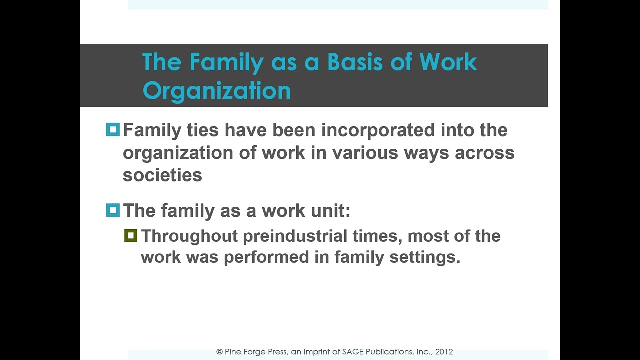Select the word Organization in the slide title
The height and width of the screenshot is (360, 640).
coord(216,91)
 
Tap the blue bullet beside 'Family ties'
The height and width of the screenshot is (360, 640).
coord(113,130)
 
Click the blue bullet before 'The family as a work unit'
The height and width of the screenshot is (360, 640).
coord(113,210)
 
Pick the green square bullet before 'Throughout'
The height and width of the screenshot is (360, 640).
coord(131,236)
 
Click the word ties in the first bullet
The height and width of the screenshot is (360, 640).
coord(202,130)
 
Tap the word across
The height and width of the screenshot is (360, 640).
coord(484,153)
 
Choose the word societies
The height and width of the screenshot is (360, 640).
coord(162,175)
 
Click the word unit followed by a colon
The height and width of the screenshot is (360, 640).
coord(329,211)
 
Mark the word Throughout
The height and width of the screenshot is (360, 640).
coord(189,236)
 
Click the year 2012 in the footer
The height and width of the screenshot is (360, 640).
coord(444,352)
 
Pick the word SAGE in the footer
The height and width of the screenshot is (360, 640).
coord(354,352)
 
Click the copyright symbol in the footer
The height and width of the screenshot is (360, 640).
coord(219,352)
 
